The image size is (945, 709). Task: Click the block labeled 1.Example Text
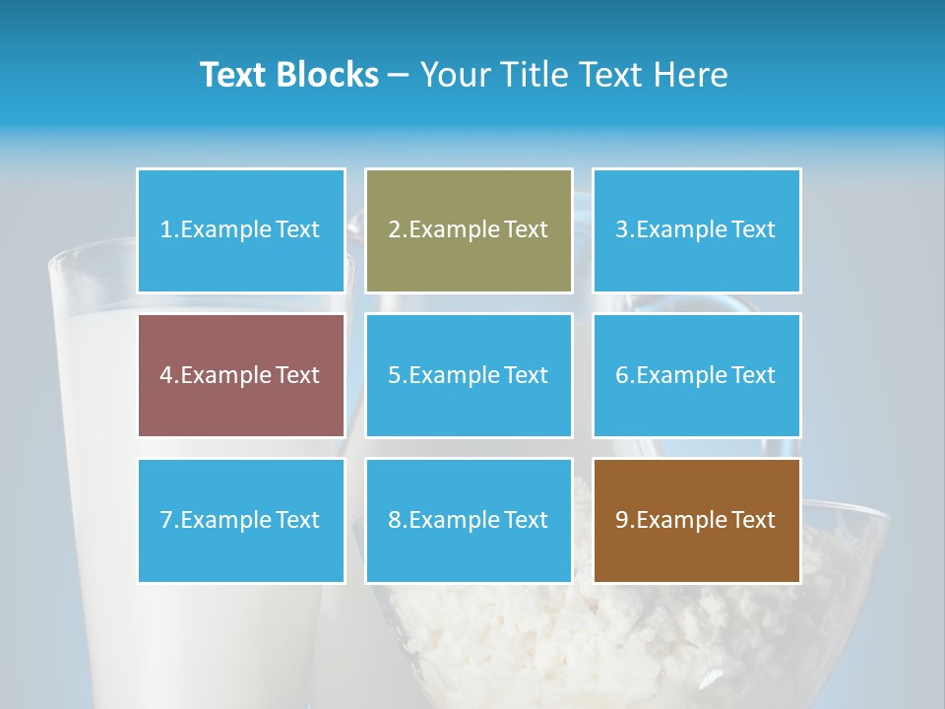241,230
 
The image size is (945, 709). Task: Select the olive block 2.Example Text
469,230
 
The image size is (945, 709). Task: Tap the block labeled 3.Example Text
697,230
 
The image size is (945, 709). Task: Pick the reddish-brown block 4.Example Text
241,375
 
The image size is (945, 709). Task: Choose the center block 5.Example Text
469,375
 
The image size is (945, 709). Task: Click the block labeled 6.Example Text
697,375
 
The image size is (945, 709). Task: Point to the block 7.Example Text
241,520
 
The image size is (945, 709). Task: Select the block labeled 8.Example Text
469,520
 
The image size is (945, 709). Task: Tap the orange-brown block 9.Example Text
697,520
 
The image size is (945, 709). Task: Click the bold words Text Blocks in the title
288,75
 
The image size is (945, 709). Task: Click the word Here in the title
690,75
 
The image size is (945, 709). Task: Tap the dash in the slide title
399,75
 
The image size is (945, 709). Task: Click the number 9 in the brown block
621,520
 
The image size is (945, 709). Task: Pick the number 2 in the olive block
394,230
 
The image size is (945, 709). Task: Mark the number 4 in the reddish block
165,375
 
